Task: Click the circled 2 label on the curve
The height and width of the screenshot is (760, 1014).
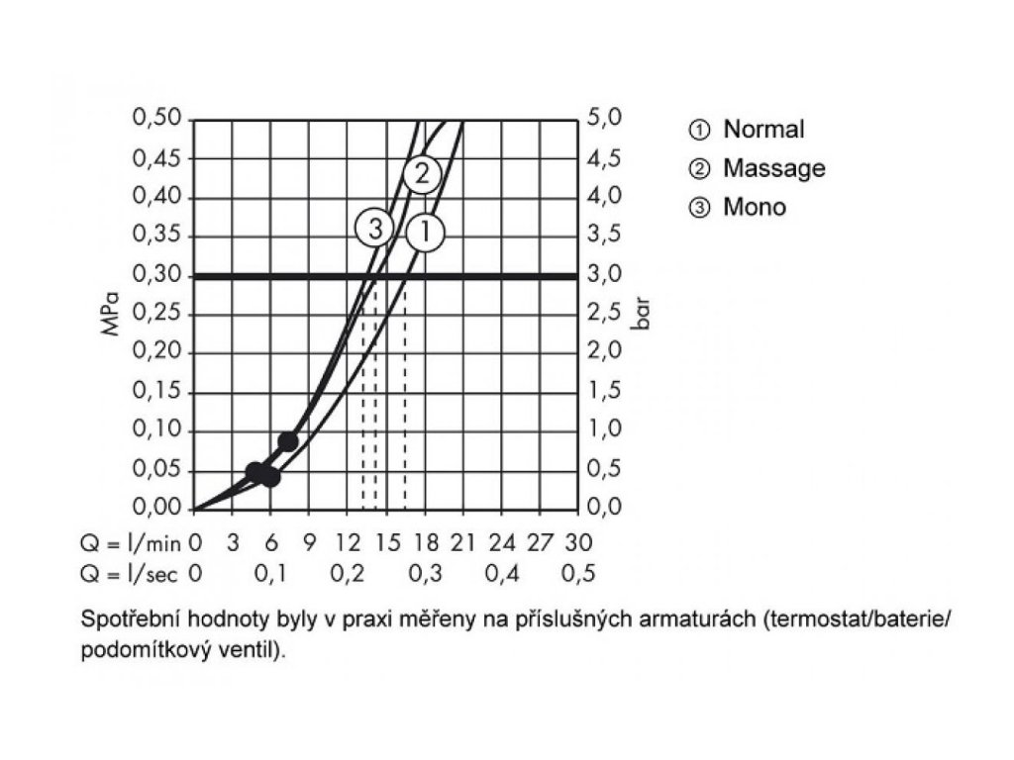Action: coord(422,174)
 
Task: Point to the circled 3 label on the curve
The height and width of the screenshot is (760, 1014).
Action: coord(374,230)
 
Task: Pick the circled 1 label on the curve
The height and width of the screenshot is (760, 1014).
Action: coord(426,233)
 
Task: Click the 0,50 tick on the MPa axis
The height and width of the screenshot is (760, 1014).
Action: coord(157,119)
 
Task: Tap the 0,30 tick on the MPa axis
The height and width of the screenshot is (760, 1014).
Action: coord(157,275)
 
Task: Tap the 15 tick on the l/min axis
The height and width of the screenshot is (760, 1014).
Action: coord(385,542)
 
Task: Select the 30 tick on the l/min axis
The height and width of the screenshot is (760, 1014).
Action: coord(577,542)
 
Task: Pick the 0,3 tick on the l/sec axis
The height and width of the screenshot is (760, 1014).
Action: coord(424,573)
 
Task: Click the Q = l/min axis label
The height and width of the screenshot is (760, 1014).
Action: coord(133,542)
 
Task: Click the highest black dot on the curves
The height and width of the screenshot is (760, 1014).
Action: coord(288,441)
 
